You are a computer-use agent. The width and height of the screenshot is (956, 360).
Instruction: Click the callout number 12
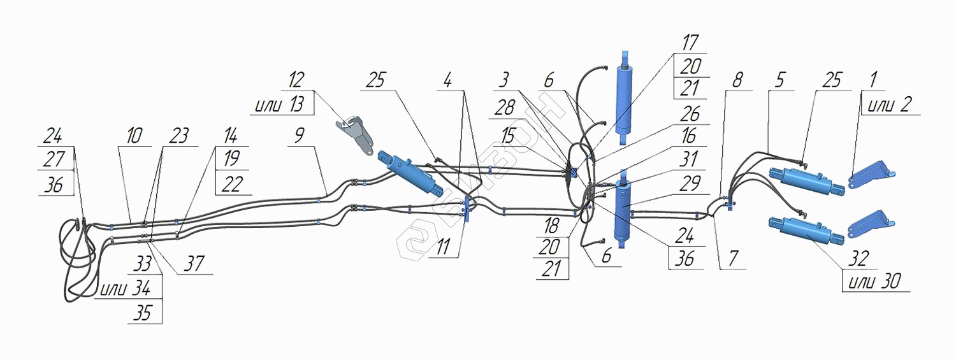(x=296, y=82)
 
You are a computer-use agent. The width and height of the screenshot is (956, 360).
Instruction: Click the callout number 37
(x=194, y=264)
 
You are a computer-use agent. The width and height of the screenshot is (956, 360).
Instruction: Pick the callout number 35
(x=144, y=312)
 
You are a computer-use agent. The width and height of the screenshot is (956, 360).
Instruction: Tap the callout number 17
(x=690, y=43)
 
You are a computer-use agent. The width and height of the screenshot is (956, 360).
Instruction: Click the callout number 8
(x=737, y=80)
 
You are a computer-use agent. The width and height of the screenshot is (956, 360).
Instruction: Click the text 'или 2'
(x=890, y=104)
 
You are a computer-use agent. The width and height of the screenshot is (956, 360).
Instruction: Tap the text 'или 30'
(x=874, y=281)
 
